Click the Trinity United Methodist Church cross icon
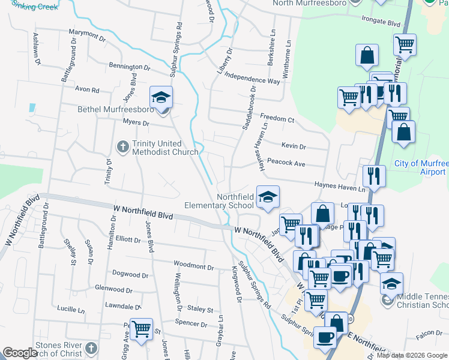pos(123,146)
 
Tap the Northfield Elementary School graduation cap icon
pos(268,196)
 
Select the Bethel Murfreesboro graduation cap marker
pos(161,98)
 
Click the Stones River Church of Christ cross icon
pos(91,348)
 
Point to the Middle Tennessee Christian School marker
pos(391,284)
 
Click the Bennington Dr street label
pos(130,67)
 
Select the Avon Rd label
pos(87,89)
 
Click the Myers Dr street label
pos(136,123)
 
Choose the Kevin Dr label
pos(294,146)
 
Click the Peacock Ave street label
pos(286,163)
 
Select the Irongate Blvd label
pos(381,23)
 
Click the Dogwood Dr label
pos(130,273)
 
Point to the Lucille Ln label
pos(71,310)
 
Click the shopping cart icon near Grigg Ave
pos(141,329)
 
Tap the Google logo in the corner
pos(20,353)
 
